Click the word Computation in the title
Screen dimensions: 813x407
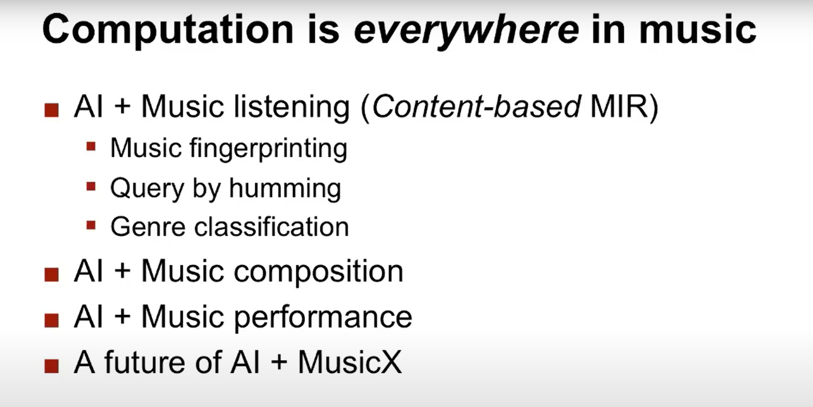pos(168,30)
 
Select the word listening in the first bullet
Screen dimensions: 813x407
pos(292,107)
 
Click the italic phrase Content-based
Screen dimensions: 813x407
pos(477,107)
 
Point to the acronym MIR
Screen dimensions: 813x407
pos(620,107)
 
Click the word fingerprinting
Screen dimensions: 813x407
pos(268,149)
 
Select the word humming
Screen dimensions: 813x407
pos(285,188)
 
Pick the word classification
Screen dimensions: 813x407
pos(272,227)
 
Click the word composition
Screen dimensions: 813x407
pos(318,272)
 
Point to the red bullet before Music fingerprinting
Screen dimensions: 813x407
pos(91,146)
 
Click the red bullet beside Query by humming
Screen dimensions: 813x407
pos(91,187)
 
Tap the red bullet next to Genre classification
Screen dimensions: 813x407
pos(91,225)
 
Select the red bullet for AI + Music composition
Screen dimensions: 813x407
pos(51,274)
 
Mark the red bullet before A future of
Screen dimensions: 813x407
pos(51,366)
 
